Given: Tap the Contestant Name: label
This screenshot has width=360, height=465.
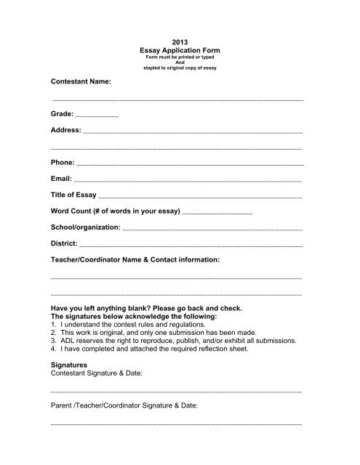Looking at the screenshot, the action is pos(81,84).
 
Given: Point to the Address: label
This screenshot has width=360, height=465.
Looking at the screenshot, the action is pos(66,132).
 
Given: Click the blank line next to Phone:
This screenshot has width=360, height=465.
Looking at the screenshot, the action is pos(189,165).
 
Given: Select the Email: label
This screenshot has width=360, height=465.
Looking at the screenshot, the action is pos(61,179).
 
